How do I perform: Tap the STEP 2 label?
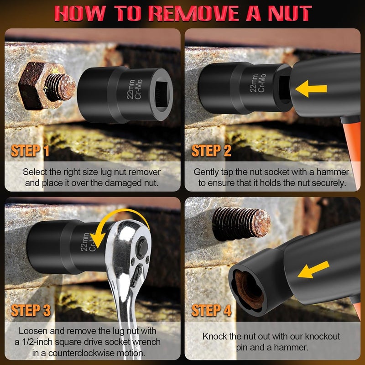click(x=211, y=151)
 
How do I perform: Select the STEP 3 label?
click(x=31, y=311)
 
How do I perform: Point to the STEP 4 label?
click(x=212, y=311)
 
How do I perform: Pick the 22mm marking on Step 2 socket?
click(x=254, y=82)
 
